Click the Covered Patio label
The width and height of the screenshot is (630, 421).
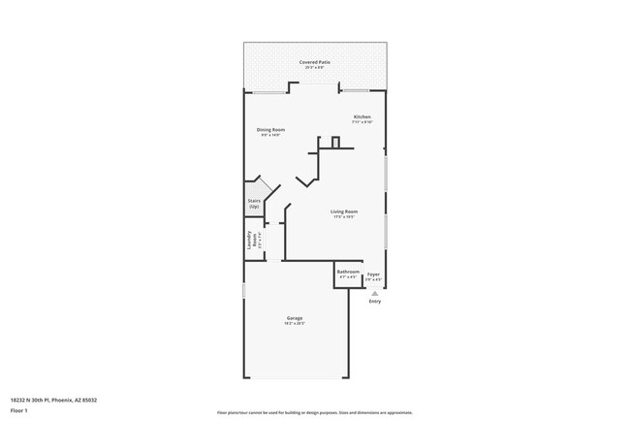pyautogui.click(x=315, y=61)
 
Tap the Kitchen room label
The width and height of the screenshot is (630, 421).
pyautogui.click(x=362, y=117)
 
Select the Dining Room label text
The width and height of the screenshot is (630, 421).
pyautogui.click(x=270, y=129)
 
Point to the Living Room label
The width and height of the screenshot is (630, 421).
pyautogui.click(x=344, y=211)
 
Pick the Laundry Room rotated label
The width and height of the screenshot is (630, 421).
pyautogui.click(x=252, y=238)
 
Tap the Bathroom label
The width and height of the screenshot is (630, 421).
pyautogui.click(x=348, y=273)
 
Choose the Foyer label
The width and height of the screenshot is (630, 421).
pyautogui.click(x=373, y=275)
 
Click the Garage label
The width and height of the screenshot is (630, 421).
pyautogui.click(x=295, y=318)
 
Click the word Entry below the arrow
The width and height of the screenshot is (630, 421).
pyautogui.click(x=374, y=302)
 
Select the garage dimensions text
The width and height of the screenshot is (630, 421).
pyautogui.click(x=295, y=324)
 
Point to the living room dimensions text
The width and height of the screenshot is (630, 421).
pyautogui.click(x=344, y=217)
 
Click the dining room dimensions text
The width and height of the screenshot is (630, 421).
pyautogui.click(x=270, y=135)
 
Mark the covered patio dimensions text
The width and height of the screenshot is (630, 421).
pyautogui.click(x=315, y=67)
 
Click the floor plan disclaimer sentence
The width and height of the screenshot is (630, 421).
pyautogui.click(x=314, y=412)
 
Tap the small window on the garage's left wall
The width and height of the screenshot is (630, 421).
pyautogui.click(x=243, y=290)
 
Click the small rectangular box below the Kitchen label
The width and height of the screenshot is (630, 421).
pyautogui.click(x=336, y=143)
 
